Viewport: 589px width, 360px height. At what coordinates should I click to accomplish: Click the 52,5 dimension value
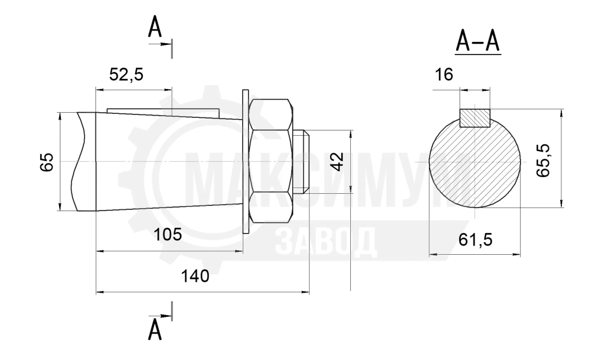click(126, 75)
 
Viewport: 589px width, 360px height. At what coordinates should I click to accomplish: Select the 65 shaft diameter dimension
click(47, 162)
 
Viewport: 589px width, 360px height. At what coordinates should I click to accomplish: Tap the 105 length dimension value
click(167, 235)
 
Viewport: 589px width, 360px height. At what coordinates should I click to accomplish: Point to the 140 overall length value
click(195, 276)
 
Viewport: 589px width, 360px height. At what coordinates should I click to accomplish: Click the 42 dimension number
click(338, 162)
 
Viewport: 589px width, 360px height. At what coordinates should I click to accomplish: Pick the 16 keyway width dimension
click(443, 75)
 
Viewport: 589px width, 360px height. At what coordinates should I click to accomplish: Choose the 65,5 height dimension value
click(543, 160)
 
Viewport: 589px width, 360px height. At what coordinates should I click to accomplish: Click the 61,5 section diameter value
click(475, 239)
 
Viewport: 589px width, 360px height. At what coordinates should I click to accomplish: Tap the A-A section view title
click(478, 41)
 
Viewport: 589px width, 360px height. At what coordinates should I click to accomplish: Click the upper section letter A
click(155, 26)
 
